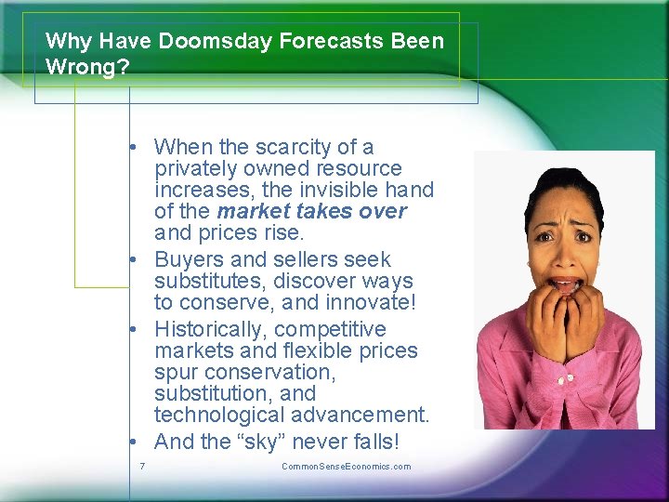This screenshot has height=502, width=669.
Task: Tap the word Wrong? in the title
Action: coord(87,68)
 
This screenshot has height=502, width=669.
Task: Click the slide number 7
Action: coord(141,466)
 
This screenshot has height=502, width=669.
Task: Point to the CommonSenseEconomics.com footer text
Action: coord(346,466)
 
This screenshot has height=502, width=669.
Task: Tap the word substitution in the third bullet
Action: coord(215,392)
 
